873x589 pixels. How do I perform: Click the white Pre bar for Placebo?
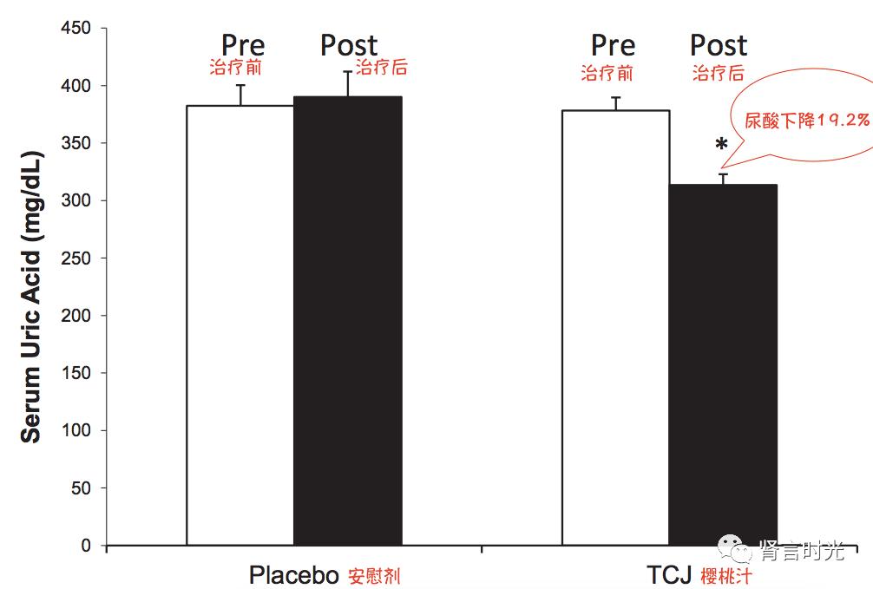[240, 325]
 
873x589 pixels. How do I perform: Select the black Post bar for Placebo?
[347, 321]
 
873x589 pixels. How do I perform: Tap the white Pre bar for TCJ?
[615, 328]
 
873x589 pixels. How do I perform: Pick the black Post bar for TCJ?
[722, 364]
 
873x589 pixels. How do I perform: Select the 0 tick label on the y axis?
[87, 546]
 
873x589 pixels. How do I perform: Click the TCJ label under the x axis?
[667, 576]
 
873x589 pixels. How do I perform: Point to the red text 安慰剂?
[374, 577]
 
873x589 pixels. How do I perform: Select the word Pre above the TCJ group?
[613, 45]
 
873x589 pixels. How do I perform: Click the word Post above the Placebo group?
[349, 45]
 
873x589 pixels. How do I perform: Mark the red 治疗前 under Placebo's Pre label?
[235, 67]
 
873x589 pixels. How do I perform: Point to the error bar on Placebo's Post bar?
[348, 83]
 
